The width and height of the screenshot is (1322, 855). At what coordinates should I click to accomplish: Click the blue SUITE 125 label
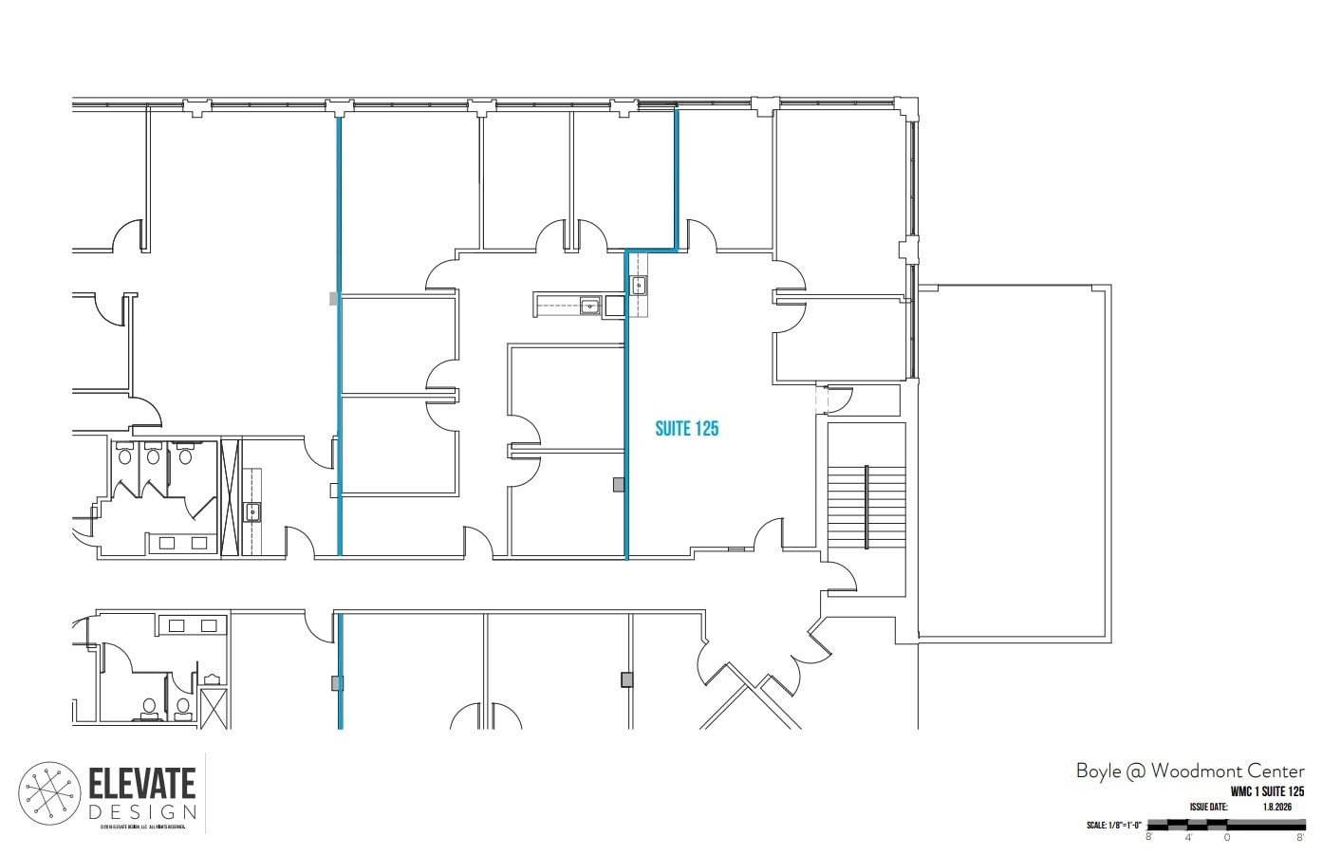click(x=686, y=429)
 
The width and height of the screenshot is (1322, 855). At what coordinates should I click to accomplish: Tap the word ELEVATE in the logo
click(x=142, y=784)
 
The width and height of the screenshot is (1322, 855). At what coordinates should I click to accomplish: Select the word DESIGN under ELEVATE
click(x=142, y=812)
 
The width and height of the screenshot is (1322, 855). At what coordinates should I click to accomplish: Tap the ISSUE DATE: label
click(x=1208, y=807)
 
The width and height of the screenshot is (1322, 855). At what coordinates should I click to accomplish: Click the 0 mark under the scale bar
click(x=1227, y=837)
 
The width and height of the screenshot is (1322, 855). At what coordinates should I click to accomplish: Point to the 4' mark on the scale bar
click(x=1187, y=837)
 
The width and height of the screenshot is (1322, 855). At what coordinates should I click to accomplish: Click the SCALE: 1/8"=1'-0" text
click(x=1114, y=825)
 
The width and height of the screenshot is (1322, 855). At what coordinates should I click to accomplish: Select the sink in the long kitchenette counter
click(x=589, y=306)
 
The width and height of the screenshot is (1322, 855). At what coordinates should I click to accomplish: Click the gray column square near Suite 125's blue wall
click(x=619, y=485)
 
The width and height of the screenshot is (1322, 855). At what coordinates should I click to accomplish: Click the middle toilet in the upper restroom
click(x=152, y=455)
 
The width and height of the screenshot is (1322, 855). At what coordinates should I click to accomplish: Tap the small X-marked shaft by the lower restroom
click(x=214, y=708)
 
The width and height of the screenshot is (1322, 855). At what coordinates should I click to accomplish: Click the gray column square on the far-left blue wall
click(x=333, y=298)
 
